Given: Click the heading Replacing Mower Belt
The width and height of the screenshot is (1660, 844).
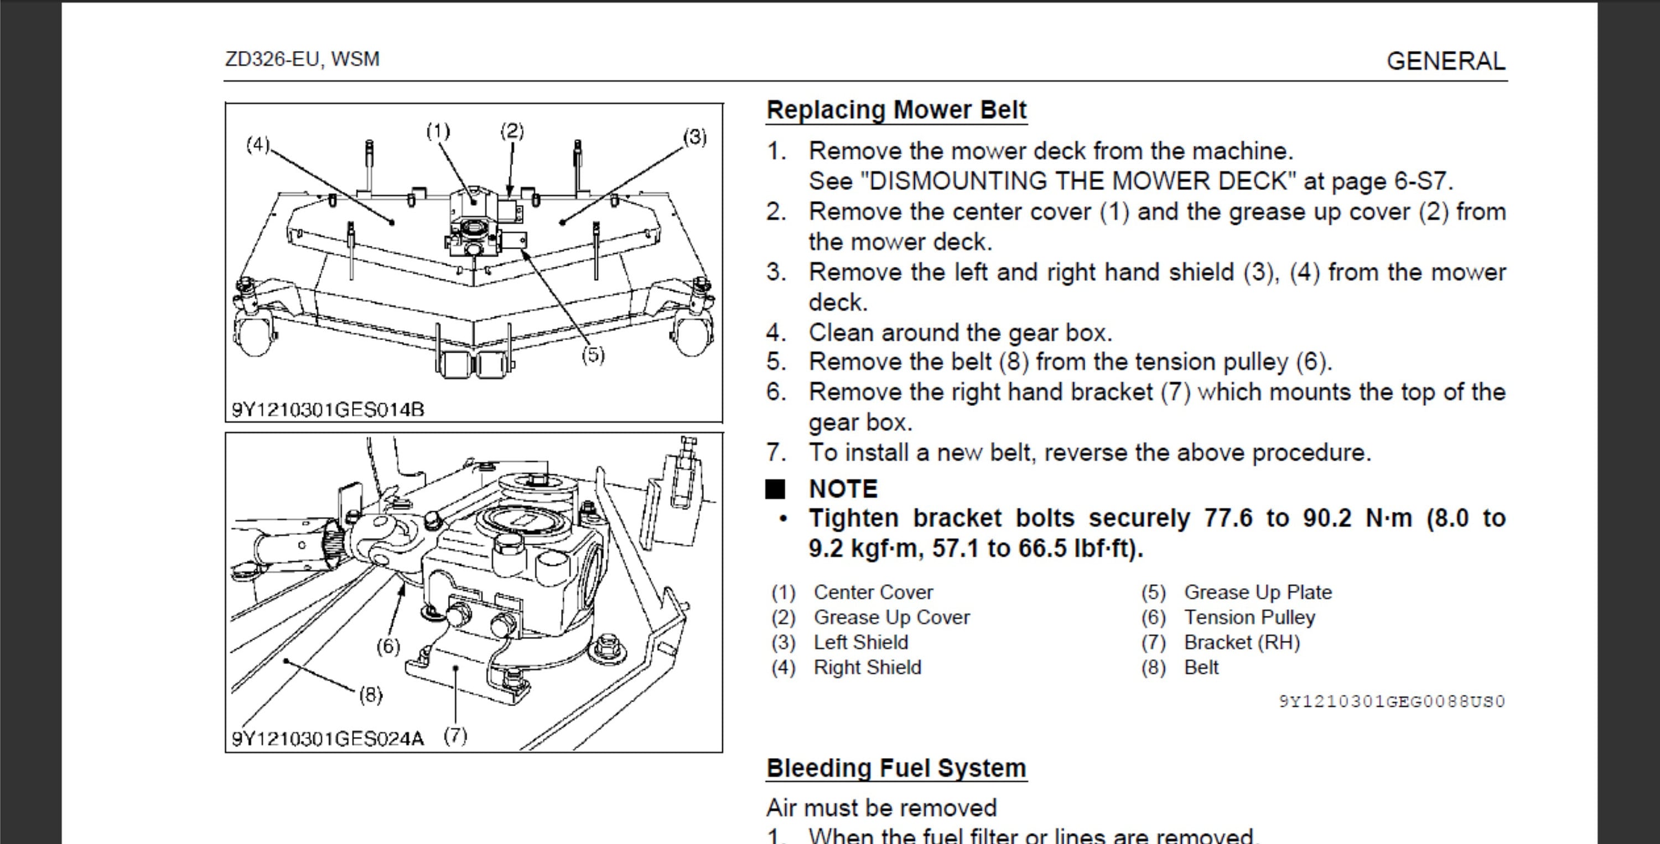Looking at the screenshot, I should coord(896,110).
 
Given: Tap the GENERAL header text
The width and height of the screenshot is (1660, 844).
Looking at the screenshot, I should coord(1445,61).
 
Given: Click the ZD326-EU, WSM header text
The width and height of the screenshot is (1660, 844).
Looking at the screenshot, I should coord(302,59).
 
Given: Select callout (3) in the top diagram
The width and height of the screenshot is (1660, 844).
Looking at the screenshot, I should coord(694,137).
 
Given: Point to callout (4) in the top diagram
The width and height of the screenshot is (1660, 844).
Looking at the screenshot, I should coord(258,145).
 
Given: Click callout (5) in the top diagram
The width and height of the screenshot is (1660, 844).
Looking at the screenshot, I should coord(593,356).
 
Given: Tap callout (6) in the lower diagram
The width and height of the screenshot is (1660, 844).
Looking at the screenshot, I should coord(388,646).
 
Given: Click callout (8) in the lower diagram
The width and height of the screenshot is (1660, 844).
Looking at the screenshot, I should coord(371,694).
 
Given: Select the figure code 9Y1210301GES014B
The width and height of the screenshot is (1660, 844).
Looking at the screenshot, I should coord(328,410).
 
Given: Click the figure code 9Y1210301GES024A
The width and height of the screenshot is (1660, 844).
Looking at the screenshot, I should coord(328,739).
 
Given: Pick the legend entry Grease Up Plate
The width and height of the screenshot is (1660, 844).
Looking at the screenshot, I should coord(1257,592).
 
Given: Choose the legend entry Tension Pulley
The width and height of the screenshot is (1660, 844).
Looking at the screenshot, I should coord(1249,617).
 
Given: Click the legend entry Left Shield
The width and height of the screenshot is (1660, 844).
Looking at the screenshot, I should coord(860,642).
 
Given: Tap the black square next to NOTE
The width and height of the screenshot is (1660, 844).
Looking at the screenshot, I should coord(775,490).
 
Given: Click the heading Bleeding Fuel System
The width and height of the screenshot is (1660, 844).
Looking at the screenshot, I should coord(896,768).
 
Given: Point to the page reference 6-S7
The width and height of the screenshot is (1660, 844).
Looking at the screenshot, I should coord(1422,181).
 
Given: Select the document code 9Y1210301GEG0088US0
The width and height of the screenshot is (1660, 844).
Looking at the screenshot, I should coord(1391,702).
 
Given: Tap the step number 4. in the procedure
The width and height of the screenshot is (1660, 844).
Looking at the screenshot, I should coord(776,333).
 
